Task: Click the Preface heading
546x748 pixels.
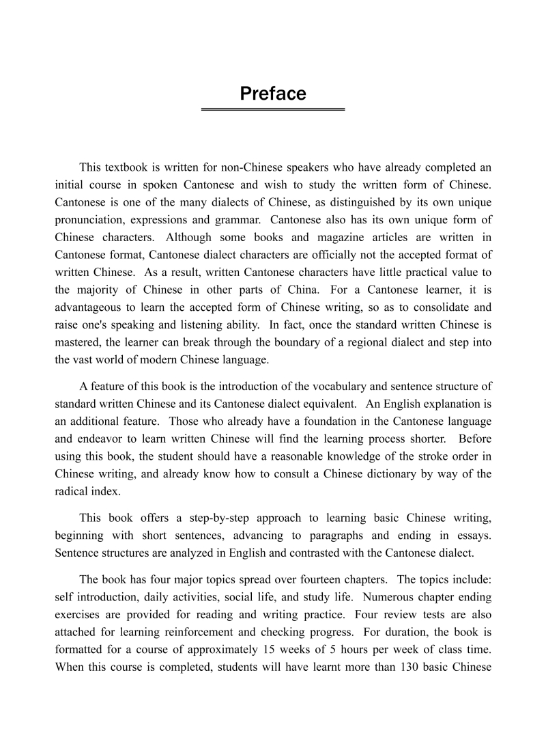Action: point(273,94)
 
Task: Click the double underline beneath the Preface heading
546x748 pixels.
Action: point(273,109)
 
